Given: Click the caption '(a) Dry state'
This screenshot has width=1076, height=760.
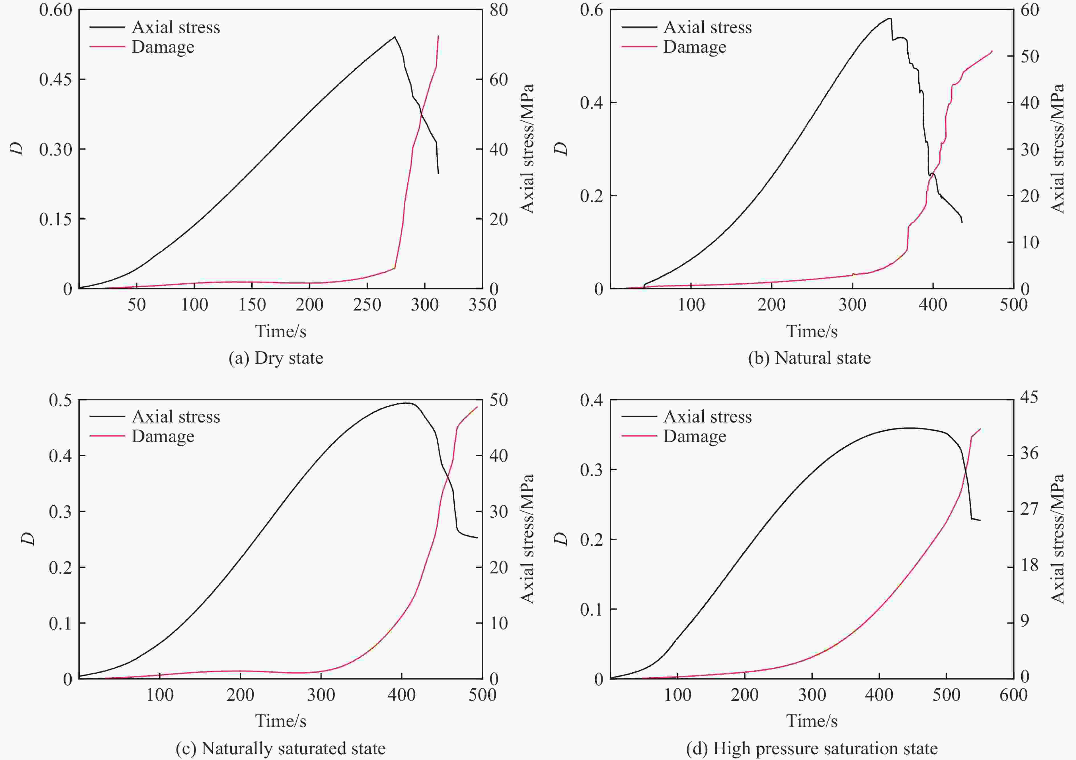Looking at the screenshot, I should [x=276, y=358].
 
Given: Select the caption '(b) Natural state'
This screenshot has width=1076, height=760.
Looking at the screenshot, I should [x=809, y=358].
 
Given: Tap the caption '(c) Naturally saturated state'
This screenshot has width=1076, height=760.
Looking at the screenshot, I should [x=280, y=748].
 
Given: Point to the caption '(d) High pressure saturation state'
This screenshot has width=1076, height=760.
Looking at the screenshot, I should [x=812, y=748].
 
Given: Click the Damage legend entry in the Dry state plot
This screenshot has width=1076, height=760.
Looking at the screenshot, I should [x=163, y=47].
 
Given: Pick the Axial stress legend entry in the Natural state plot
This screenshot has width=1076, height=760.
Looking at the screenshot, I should [x=707, y=27].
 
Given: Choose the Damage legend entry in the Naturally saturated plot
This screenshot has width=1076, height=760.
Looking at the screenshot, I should [x=163, y=436].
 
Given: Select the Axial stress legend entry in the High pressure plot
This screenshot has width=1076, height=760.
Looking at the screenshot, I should [x=707, y=417].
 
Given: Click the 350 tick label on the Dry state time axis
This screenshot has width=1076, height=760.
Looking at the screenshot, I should [x=482, y=305].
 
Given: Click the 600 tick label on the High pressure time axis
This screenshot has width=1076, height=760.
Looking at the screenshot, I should [x=1013, y=694].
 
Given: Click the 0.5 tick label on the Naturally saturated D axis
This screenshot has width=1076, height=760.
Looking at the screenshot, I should [x=60, y=400].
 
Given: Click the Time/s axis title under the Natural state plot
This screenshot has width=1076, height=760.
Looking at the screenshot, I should [x=812, y=332].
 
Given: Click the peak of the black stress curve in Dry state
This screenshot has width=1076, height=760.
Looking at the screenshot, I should [x=395, y=36].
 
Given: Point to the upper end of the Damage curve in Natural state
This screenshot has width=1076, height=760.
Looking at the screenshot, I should [x=992, y=51].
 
